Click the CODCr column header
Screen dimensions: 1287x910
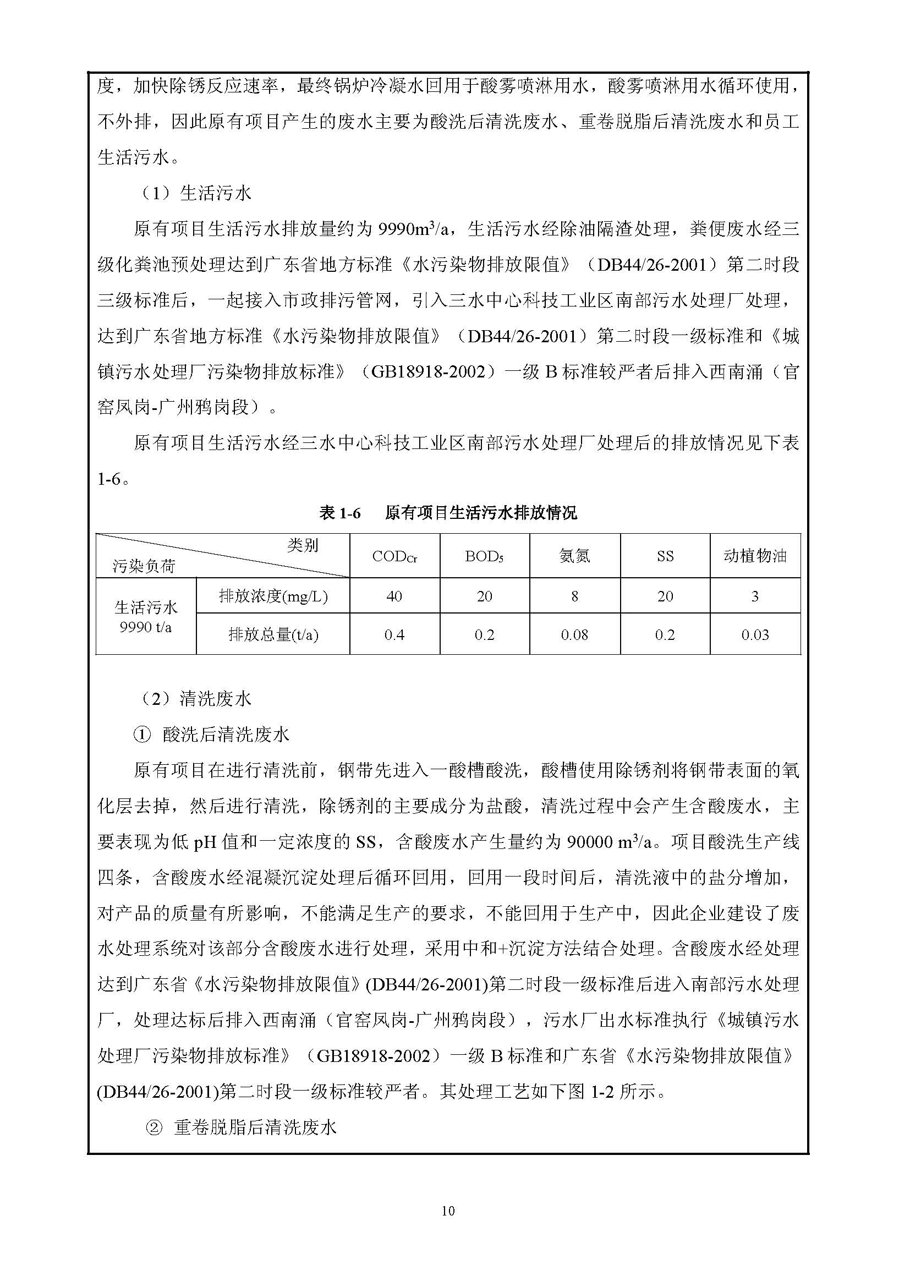point(394,556)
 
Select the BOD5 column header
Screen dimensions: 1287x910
point(484,556)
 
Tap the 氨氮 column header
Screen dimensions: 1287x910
point(574,556)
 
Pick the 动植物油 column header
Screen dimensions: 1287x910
point(755,556)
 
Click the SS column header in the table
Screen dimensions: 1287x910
point(665,556)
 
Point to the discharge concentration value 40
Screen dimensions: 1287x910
point(394,596)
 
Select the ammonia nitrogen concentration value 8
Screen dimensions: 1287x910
point(574,596)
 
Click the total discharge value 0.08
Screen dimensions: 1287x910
point(574,634)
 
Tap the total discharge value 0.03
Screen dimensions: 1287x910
point(755,634)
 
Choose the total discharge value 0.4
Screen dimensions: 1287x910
point(394,634)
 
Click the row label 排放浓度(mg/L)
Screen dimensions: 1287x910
point(273,596)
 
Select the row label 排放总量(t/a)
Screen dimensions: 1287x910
point(273,634)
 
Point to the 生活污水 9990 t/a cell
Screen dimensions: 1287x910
point(146,617)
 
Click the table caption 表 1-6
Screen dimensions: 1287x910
point(339,512)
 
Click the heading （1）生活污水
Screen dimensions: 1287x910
point(195,193)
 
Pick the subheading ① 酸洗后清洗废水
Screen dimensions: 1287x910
point(211,735)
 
